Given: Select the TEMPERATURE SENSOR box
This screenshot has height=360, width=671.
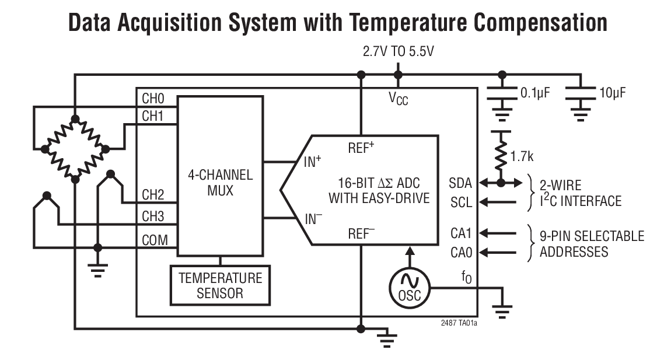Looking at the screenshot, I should [219, 285].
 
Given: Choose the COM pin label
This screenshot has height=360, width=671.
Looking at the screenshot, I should [155, 240].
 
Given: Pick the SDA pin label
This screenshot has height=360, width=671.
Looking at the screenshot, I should [461, 183].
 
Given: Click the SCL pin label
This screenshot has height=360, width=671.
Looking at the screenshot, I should [461, 202].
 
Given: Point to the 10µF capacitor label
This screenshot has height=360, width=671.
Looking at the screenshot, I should [613, 92].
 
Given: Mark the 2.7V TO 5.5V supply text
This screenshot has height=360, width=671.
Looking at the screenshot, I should [399, 52].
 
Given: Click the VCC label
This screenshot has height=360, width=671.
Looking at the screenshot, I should [399, 99].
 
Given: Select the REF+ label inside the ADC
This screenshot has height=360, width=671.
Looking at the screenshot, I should [361, 148].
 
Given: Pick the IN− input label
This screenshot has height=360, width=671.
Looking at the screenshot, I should [313, 219].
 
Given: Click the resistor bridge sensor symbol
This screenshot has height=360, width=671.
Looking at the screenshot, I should [75, 149].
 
